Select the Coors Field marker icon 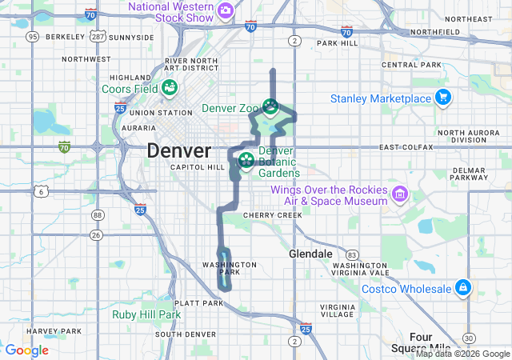pos(170,87)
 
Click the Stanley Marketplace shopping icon pos(443,98)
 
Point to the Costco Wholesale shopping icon pos(462,287)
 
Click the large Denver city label pos(179,150)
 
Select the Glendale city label pos(310,254)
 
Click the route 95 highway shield pos(33,37)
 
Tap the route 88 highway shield pos(98,214)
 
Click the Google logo pos(27,350)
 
